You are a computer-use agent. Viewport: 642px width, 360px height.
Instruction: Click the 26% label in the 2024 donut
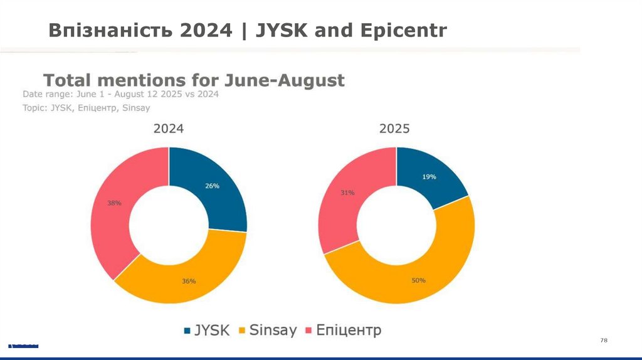pyautogui.click(x=212, y=186)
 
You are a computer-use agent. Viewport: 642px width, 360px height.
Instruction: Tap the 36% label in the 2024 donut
pyautogui.click(x=189, y=281)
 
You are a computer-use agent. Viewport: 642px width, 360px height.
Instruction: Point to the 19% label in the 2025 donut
pyautogui.click(x=429, y=177)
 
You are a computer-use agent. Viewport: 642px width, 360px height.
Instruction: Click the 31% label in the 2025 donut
pyautogui.click(x=347, y=193)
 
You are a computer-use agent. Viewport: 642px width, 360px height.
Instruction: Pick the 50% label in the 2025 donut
pyautogui.click(x=419, y=280)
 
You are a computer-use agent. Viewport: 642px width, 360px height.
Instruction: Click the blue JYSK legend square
pyautogui.click(x=187, y=330)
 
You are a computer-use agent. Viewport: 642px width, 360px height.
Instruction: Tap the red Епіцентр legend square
pyautogui.click(x=308, y=330)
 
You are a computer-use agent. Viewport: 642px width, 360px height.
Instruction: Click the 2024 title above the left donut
pyautogui.click(x=169, y=129)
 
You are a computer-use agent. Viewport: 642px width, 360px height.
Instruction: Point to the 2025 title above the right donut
pyautogui.click(x=394, y=129)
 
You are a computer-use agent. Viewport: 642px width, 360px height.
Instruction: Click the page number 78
pyautogui.click(x=604, y=340)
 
